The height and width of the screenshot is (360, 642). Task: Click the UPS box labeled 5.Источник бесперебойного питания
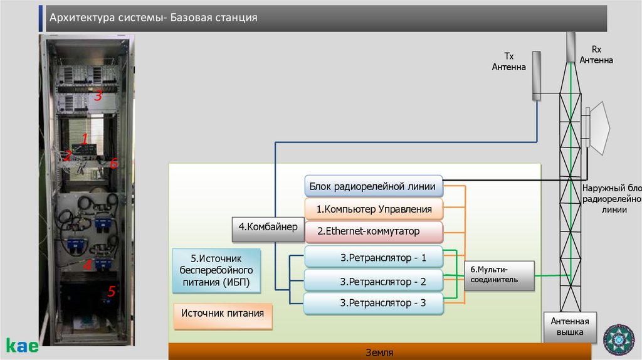[x=216, y=270]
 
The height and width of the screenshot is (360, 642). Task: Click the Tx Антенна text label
[x=508, y=61]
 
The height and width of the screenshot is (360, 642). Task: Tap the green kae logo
[x=22, y=345]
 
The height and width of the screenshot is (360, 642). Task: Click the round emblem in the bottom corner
[x=618, y=339]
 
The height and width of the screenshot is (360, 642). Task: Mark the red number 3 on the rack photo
[x=98, y=97]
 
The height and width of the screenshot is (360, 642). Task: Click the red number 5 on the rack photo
[x=112, y=292]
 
